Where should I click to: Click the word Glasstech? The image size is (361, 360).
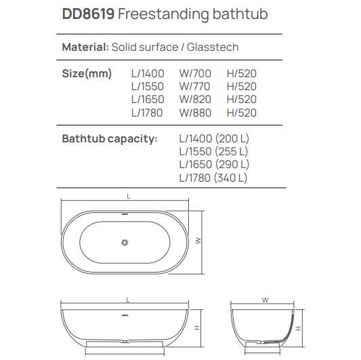[214, 47]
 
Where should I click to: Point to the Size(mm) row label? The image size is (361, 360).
[87, 73]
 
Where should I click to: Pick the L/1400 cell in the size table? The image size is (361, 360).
[147, 73]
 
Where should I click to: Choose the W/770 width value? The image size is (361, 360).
[194, 86]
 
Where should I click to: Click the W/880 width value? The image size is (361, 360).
[195, 113]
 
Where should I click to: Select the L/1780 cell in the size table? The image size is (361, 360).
[147, 113]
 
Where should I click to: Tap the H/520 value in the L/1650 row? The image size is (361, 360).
[242, 99]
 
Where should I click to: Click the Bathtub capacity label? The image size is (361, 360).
[109, 138]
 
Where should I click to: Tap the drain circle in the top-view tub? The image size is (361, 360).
[124, 242]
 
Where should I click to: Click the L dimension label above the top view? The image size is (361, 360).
[128, 196]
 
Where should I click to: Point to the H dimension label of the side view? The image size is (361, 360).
[195, 327]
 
